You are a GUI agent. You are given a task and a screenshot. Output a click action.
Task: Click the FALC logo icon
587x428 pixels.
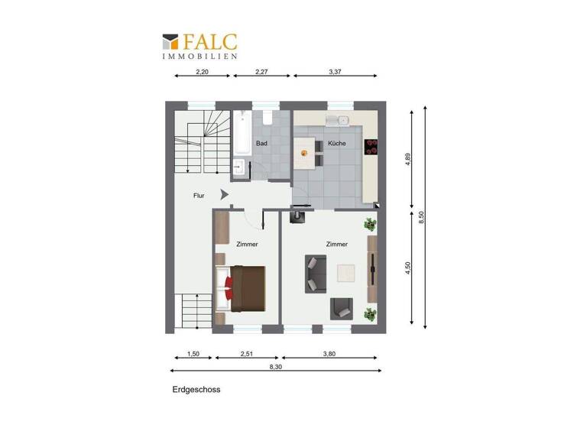170,41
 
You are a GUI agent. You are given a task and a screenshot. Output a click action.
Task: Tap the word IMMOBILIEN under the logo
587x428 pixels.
199,56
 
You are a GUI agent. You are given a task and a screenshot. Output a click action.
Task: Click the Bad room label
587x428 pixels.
261,144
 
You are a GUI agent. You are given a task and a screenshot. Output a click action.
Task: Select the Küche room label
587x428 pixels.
336,144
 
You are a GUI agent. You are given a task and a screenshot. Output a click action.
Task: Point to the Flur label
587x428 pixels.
199,196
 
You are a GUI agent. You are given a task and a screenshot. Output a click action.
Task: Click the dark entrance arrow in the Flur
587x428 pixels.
224,195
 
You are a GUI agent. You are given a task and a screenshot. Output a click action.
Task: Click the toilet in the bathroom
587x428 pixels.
268,118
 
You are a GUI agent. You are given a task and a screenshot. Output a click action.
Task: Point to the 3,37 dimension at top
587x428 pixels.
336,73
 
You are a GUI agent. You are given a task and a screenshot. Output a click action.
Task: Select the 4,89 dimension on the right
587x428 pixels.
407,159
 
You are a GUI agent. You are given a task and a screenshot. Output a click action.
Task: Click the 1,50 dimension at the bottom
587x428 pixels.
193,354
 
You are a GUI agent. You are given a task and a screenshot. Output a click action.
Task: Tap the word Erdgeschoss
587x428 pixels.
196,390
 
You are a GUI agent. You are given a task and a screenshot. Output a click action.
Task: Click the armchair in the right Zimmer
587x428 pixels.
341,308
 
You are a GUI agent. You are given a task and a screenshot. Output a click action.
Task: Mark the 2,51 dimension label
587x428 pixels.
247,354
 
